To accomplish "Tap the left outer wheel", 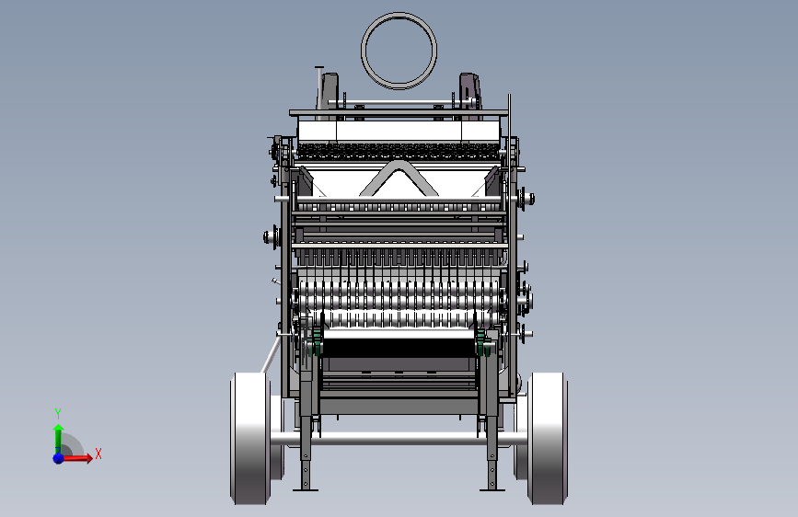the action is pos(249,438).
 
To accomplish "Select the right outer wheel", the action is pos(547,438).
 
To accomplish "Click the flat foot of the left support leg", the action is pos(306,490).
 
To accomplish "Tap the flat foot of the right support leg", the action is pos(492,490).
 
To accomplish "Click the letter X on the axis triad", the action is pos(98,454).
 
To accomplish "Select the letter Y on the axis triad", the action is pos(58,413).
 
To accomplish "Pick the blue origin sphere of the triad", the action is pos(59,458).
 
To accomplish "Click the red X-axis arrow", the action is pos(76,458).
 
